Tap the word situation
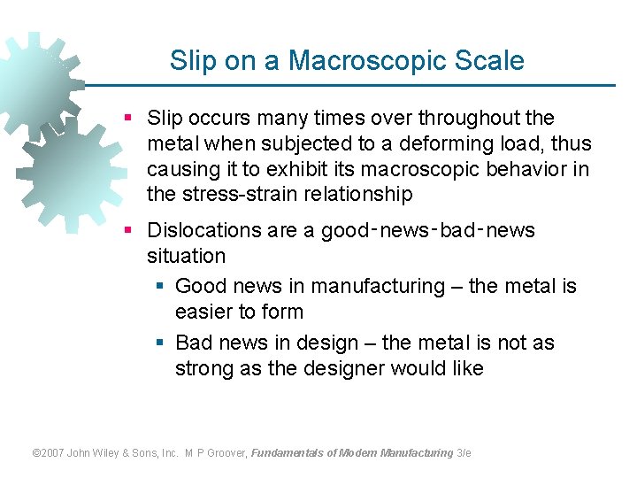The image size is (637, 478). (x=186, y=257)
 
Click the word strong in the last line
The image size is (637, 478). (x=202, y=368)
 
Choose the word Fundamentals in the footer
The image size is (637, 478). (x=288, y=453)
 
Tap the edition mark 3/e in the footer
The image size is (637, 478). (x=464, y=453)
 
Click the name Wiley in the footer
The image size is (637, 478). (x=116, y=453)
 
